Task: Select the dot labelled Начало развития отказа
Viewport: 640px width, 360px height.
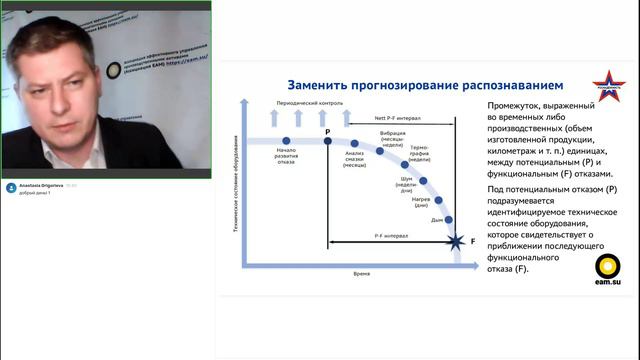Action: (x=286, y=141)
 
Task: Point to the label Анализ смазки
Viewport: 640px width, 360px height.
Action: (x=355, y=163)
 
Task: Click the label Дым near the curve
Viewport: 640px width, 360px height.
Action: (x=436, y=218)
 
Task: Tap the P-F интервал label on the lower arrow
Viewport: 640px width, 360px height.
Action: (x=389, y=236)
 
